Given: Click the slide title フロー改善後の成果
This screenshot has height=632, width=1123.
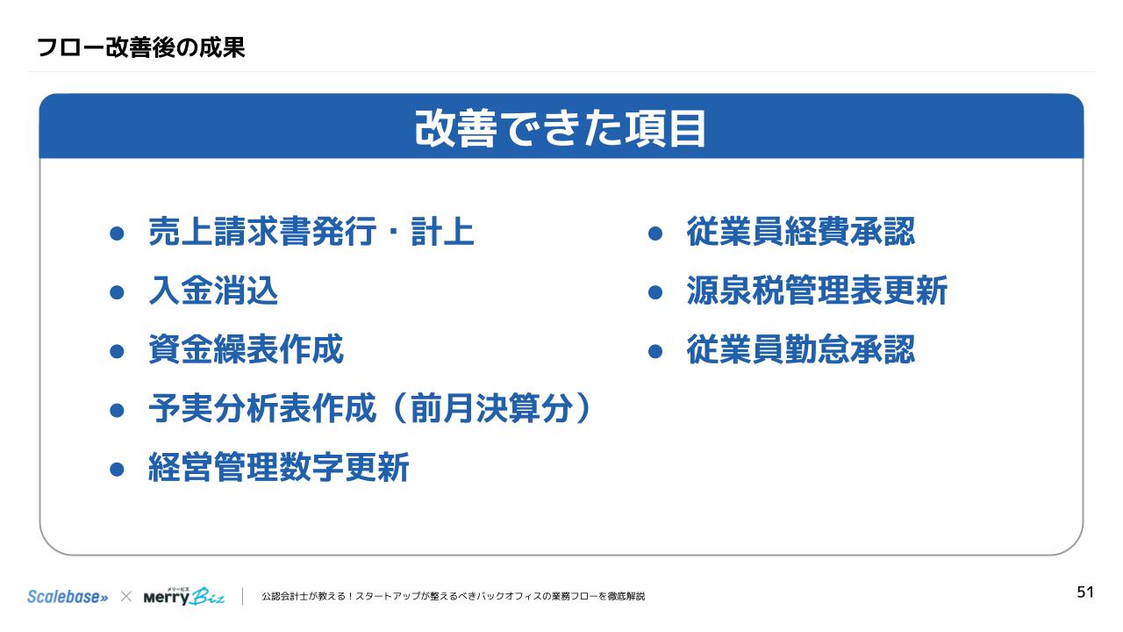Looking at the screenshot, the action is click(141, 47).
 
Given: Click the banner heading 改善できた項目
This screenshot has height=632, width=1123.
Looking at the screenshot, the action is click(561, 128).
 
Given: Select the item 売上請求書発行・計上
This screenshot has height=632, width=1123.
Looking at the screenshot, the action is click(311, 232).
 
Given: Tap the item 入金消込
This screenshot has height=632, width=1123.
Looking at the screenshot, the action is click(213, 291).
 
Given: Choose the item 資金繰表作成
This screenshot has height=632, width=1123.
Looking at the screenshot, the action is click(247, 349).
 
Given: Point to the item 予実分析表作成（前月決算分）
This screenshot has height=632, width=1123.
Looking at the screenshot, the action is click(370, 408).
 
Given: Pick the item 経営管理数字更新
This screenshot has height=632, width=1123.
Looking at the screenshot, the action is click(279, 467).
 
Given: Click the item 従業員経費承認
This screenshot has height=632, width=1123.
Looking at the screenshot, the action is click(801, 232).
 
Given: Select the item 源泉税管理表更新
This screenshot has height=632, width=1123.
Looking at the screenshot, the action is click(817, 291).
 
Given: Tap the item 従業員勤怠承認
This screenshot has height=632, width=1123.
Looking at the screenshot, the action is click(801, 349).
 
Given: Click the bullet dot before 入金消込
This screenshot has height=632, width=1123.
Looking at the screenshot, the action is click(117, 292).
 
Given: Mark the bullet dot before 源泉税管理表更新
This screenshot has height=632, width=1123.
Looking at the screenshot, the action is click(655, 292).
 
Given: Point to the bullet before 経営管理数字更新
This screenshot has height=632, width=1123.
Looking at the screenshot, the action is click(117, 469).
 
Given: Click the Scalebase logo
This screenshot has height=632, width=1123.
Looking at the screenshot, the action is click(68, 596).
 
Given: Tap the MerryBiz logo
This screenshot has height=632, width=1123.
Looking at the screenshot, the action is click(184, 596).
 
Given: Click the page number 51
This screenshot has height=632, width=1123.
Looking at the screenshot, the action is click(1085, 592).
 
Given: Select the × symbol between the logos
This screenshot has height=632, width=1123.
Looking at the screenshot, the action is click(125, 596).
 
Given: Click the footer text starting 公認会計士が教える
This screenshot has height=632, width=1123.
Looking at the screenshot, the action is click(454, 596).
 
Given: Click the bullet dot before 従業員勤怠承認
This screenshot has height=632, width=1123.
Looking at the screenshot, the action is click(655, 351).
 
